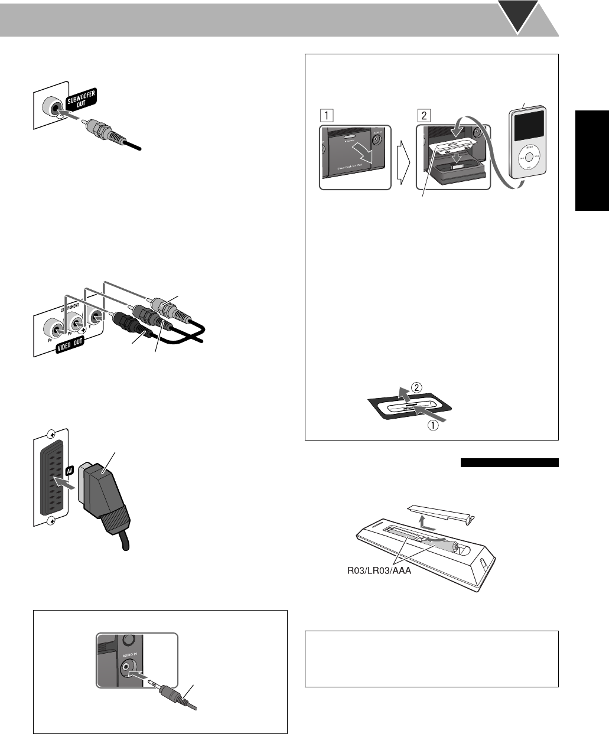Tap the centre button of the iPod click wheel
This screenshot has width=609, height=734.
tap(529, 158)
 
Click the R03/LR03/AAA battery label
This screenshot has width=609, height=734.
tap(377, 570)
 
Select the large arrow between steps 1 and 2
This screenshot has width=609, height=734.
tap(406, 158)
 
